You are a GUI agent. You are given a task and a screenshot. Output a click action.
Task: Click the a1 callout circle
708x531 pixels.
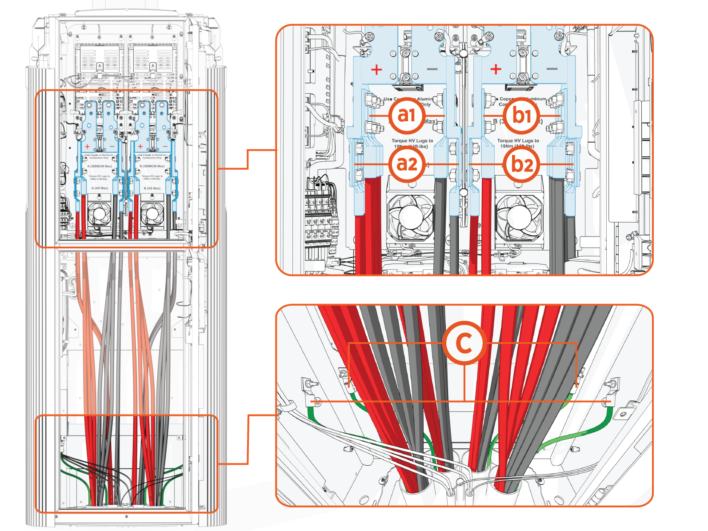pos(406,116)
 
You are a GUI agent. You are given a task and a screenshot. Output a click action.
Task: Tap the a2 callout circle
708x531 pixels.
pos(406,164)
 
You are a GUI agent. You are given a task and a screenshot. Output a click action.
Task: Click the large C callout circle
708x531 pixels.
pos(464,343)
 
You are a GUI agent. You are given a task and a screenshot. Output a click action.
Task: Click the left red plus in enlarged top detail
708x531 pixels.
pos(376,70)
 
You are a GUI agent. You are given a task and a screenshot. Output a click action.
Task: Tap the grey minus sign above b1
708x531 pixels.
pos(552,69)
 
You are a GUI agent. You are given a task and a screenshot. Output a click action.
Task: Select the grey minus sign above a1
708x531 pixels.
pos(432,69)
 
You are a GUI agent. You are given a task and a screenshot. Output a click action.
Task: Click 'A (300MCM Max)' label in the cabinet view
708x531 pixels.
pos(100,166)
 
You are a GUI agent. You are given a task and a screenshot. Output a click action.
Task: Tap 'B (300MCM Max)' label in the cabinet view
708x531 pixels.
pos(152,166)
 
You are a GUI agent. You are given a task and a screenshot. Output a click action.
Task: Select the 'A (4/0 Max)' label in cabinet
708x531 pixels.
pos(100,188)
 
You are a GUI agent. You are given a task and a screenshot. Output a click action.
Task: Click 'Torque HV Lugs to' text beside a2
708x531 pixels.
pos(412,140)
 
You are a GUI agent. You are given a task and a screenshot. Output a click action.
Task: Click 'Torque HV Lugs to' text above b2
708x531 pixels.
pos(518,140)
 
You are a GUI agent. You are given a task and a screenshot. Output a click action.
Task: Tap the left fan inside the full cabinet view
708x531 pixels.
pos(99,215)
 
